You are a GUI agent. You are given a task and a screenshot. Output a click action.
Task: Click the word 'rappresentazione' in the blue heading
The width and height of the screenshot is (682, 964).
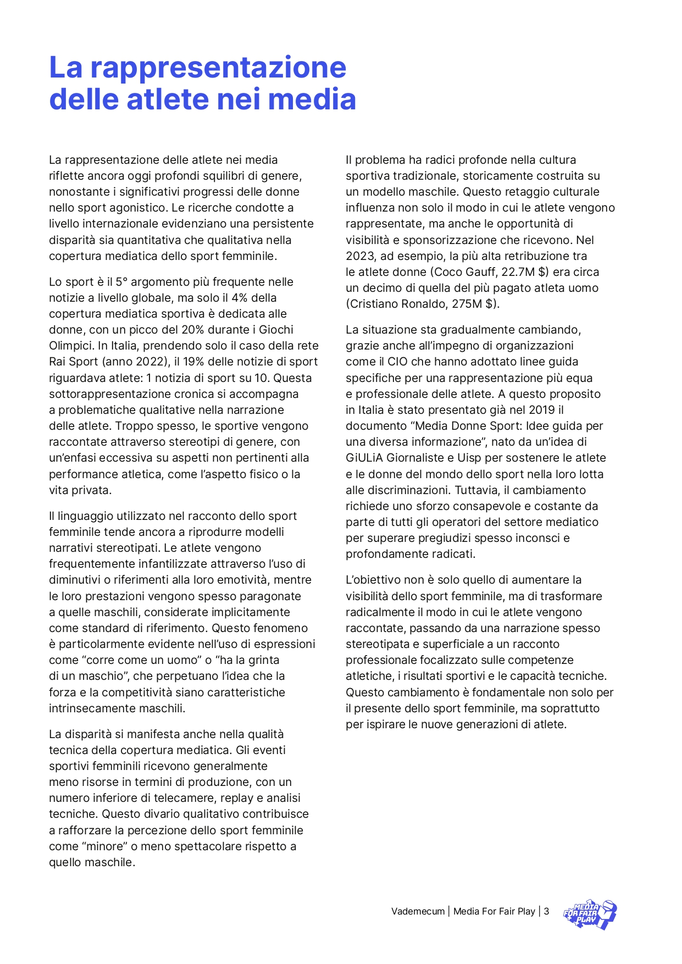(x=218, y=68)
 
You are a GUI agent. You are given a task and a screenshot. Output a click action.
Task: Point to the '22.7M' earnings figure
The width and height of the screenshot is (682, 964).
(x=518, y=272)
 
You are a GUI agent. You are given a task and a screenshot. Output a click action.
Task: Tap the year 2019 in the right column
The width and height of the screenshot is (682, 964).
(x=541, y=410)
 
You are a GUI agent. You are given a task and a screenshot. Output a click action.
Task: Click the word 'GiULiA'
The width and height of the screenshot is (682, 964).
(x=364, y=458)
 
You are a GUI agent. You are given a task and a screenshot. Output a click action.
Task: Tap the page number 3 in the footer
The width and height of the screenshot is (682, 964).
(x=546, y=911)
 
